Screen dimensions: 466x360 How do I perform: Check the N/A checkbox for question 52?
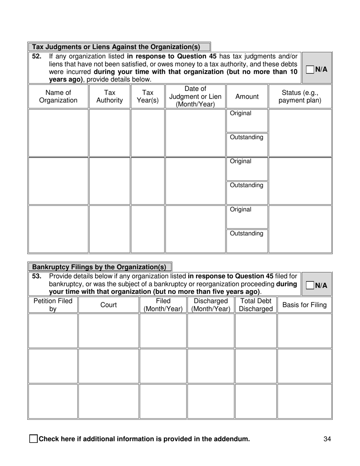(310, 69)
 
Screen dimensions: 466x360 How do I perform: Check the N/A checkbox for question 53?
(310, 286)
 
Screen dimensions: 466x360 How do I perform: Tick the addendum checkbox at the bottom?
(33, 439)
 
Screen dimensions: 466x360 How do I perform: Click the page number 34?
(327, 439)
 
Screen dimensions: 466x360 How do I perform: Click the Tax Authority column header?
(110, 97)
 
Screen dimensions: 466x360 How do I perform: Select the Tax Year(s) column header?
(147, 97)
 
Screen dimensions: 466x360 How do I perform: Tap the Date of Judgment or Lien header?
(195, 97)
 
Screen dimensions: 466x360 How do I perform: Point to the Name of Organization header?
(58, 97)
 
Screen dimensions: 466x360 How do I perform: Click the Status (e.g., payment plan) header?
(300, 97)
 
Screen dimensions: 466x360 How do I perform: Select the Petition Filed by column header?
(53, 305)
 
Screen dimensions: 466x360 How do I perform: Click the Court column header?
(108, 305)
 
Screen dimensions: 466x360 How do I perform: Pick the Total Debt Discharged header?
(256, 305)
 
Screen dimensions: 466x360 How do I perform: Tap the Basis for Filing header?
(304, 305)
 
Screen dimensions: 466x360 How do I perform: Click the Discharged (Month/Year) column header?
(211, 305)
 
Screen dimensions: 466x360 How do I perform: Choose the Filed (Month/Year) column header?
(163, 305)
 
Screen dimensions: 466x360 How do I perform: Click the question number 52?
(36, 56)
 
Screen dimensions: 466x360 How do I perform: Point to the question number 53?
(36, 276)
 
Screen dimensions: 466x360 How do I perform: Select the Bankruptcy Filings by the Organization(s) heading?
(99, 267)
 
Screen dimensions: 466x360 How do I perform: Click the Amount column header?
(247, 97)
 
